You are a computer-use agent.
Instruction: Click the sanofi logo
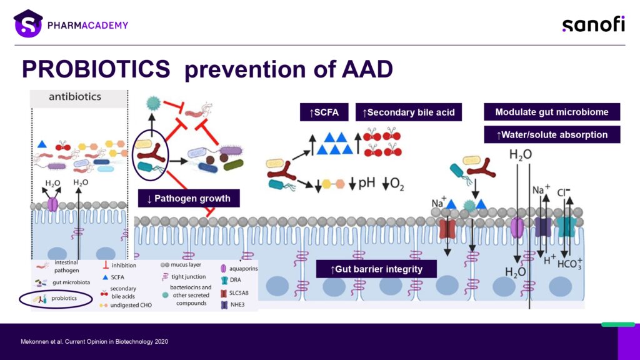593,24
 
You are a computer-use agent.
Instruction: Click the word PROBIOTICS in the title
96,69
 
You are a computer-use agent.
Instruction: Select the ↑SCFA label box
324,112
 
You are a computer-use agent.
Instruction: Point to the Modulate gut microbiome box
551,112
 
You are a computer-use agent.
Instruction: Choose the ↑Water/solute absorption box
551,134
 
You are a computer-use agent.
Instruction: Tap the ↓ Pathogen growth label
189,199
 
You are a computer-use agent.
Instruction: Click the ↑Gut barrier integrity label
376,269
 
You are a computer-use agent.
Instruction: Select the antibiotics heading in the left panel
75,97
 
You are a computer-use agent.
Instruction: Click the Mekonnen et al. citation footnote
94,341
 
